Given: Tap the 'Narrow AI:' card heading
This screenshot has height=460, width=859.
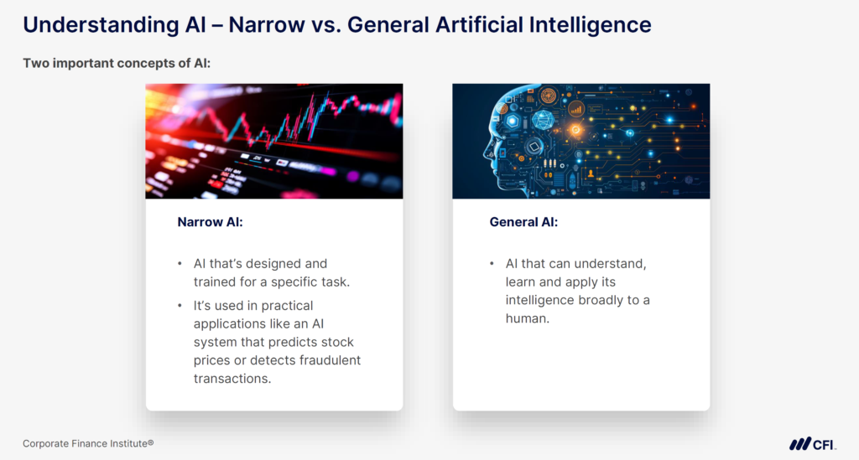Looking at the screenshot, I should click(x=209, y=222).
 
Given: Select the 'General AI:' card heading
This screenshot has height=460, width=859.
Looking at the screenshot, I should click(x=523, y=222).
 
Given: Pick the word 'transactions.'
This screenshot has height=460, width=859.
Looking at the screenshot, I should click(x=232, y=378).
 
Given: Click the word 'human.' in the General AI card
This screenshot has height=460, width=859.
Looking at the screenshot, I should click(x=527, y=318).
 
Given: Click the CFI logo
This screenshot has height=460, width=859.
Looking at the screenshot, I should click(x=810, y=444).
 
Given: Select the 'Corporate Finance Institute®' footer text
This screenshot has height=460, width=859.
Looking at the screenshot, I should click(x=88, y=443).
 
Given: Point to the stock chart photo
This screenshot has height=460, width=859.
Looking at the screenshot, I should click(x=273, y=141).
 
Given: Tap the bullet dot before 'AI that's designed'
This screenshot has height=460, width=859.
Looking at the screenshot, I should click(x=180, y=264).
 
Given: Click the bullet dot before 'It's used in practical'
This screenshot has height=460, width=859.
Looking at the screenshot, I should click(x=180, y=306).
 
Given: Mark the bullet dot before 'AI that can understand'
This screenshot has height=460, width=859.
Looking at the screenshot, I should click(x=492, y=264).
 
